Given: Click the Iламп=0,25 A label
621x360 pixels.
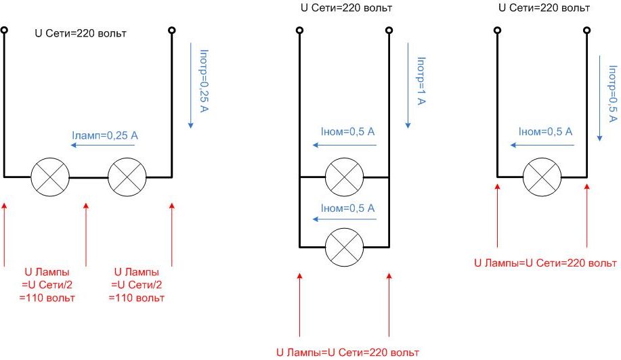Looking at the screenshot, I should pyautogui.click(x=104, y=136).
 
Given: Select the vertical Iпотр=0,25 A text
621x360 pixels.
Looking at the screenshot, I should pyautogui.click(x=204, y=79).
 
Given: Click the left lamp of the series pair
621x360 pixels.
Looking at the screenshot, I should pyautogui.click(x=50, y=177).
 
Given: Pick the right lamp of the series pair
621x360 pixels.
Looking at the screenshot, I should pyautogui.click(x=127, y=177).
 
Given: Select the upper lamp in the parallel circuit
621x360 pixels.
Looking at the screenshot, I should pyautogui.click(x=344, y=178).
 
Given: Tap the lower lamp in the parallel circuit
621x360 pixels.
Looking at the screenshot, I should pyautogui.click(x=344, y=247).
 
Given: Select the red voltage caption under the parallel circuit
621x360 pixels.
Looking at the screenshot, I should pyautogui.click(x=347, y=353).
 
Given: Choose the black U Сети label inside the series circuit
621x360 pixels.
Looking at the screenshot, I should pyautogui.click(x=81, y=33).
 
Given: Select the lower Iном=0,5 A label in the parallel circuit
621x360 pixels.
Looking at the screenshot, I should pyautogui.click(x=348, y=208).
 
